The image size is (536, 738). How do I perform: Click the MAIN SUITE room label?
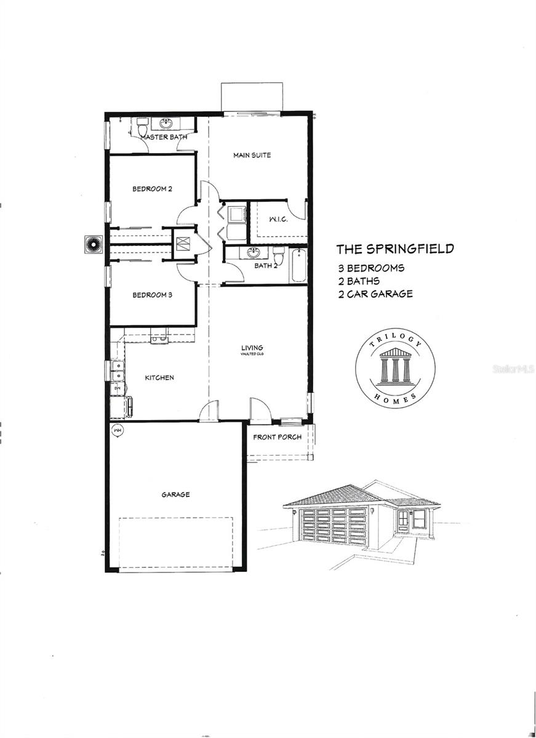coord(252,155)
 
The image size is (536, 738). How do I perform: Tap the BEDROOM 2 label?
coord(152,189)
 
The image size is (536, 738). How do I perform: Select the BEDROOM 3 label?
coord(152,295)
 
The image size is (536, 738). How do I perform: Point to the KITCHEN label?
coord(159,378)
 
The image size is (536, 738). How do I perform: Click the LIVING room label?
coord(252,349)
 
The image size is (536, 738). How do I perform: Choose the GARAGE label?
coord(175,494)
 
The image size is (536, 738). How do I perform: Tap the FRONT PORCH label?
coord(277,437)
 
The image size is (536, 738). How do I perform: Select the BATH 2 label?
coord(266,266)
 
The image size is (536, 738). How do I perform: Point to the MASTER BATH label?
coord(164,137)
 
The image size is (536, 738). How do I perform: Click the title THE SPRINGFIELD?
coord(394,249)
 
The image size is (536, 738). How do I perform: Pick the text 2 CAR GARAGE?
coord(375,294)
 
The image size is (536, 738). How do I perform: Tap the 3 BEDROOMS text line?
coord(370,268)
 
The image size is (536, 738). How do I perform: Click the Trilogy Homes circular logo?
coord(395,368)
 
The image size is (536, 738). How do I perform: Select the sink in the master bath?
coord(166,123)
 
